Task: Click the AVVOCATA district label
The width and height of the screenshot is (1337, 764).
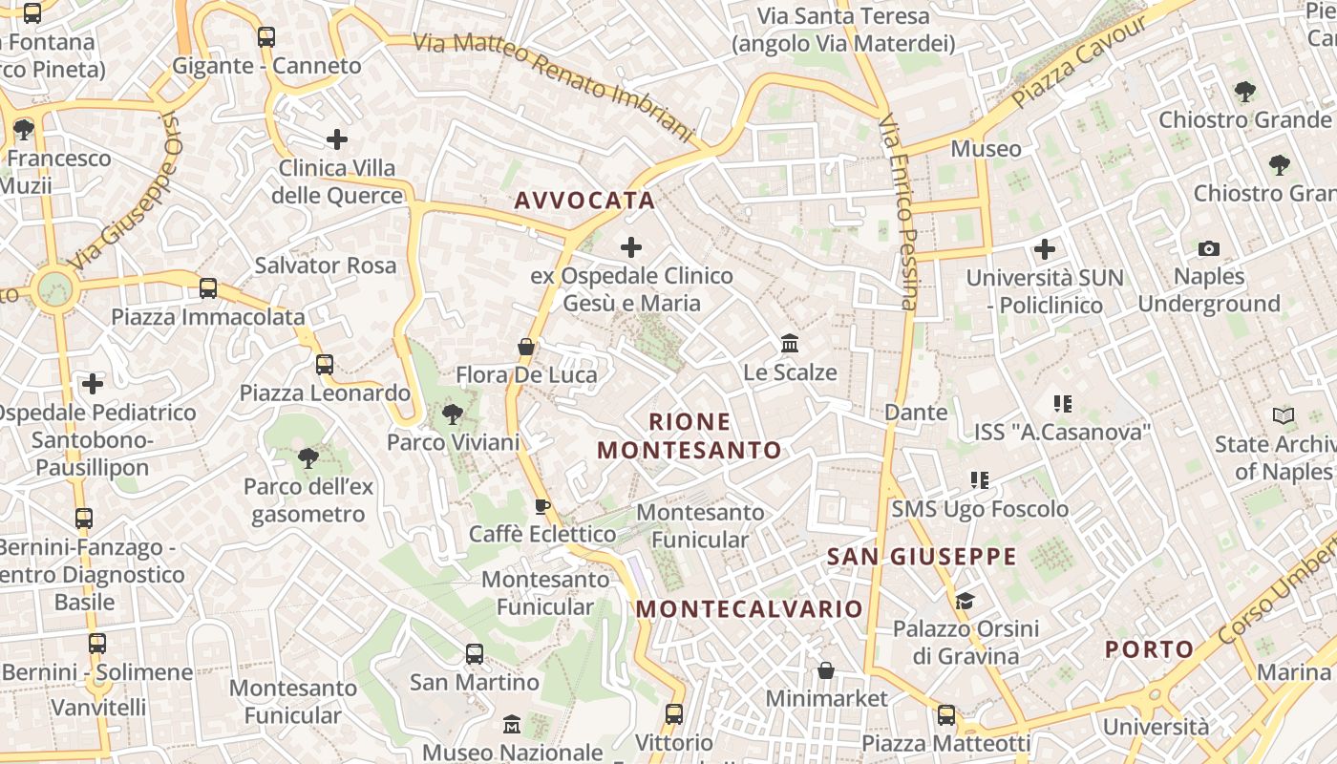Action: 584,201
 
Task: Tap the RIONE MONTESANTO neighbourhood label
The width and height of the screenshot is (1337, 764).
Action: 689,435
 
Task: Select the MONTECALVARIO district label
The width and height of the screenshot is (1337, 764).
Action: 750,609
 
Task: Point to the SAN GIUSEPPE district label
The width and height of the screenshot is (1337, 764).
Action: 922,557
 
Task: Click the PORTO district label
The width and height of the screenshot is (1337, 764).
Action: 1150,650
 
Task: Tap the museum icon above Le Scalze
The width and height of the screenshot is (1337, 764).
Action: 790,344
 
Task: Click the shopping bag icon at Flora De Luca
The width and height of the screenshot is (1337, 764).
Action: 526,347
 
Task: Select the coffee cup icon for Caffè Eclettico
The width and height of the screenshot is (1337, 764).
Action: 542,506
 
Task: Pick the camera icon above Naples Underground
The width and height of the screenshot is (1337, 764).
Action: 1209,249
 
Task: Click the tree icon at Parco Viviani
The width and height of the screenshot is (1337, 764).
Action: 453,414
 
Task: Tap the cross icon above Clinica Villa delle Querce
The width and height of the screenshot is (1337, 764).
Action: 337,139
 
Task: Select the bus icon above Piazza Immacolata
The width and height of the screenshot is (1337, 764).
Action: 208,288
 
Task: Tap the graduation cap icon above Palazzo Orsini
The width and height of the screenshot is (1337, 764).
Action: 966,601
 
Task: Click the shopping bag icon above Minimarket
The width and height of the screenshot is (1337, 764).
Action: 826,670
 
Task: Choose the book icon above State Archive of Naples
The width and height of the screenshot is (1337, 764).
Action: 1284,416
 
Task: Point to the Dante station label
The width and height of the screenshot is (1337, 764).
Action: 916,413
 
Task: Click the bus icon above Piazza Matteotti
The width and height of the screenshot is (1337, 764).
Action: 946,715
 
